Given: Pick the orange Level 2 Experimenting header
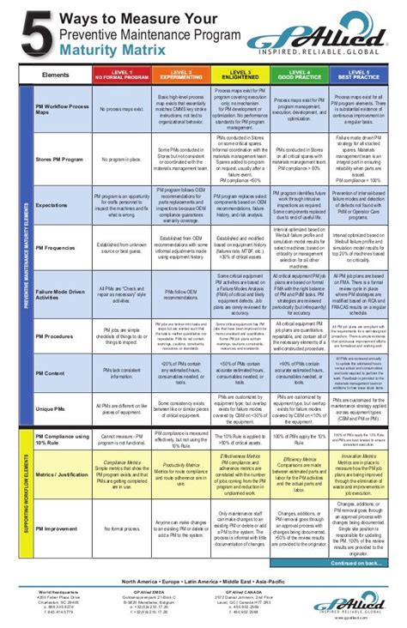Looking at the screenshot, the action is coord(181,75).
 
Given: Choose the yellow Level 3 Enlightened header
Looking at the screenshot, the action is coord(240,75).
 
